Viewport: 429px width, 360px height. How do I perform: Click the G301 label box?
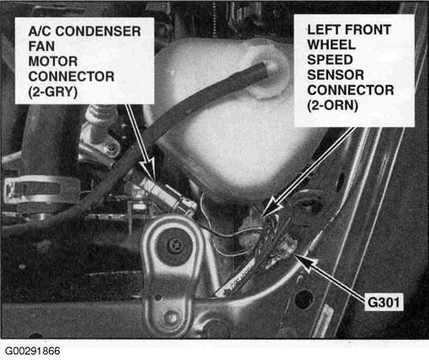[x=384, y=302]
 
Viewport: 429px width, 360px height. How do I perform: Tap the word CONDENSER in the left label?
[x=98, y=31]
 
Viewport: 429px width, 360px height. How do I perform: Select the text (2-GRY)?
[x=53, y=92]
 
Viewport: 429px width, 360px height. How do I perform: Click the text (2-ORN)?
[x=332, y=105]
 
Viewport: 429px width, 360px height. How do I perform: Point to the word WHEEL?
[x=331, y=45]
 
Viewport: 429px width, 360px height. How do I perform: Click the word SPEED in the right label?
[x=330, y=60]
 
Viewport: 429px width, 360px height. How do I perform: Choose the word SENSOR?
[x=336, y=75]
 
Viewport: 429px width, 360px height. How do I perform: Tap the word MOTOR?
[x=53, y=61]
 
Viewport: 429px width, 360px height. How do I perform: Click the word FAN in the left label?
[x=41, y=46]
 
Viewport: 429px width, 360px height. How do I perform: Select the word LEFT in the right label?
[x=324, y=29]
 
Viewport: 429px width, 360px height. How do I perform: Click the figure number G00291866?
[x=33, y=351]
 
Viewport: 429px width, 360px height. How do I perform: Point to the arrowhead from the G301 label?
[x=305, y=262]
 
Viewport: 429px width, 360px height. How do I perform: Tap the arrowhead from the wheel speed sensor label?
[x=272, y=208]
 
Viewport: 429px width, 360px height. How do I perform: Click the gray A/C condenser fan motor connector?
[x=167, y=196]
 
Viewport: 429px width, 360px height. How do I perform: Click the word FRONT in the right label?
[x=368, y=29]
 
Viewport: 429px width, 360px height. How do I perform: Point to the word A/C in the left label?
[x=40, y=31]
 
